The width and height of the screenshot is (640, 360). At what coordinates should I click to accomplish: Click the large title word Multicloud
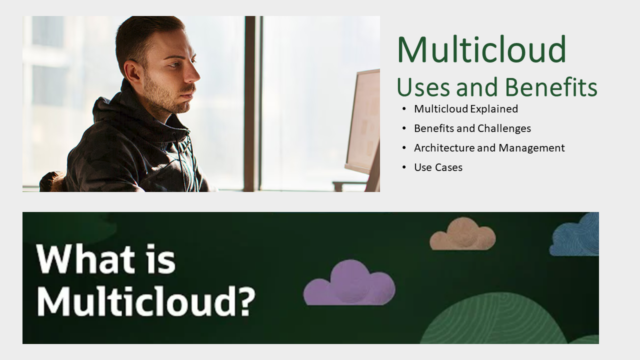pyautogui.click(x=481, y=50)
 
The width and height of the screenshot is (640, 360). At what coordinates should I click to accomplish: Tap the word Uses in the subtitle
pyautogui.click(x=423, y=87)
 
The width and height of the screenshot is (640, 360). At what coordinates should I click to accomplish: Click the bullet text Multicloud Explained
pyautogui.click(x=465, y=109)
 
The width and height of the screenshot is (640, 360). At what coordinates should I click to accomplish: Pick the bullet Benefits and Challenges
pyautogui.click(x=472, y=128)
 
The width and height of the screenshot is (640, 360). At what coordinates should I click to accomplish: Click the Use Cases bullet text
pyautogui.click(x=438, y=167)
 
